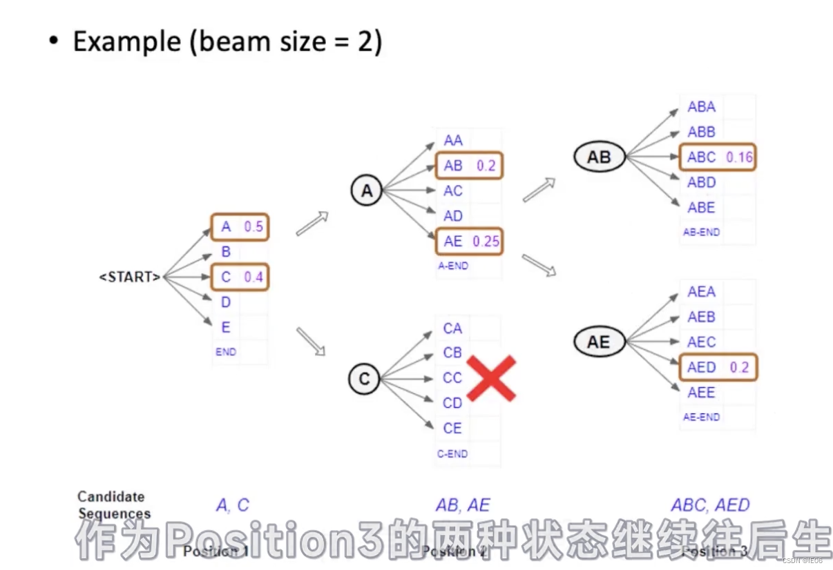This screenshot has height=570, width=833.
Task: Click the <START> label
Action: point(130,277)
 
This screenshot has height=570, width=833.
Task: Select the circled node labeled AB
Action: point(599,157)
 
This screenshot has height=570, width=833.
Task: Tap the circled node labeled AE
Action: point(598,342)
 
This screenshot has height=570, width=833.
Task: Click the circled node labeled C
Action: point(364,379)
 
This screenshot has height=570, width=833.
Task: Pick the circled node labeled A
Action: point(367,191)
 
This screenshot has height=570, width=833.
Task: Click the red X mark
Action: point(491,378)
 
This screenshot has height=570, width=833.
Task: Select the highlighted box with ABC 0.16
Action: point(718,157)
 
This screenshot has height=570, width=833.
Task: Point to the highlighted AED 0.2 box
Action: point(718,367)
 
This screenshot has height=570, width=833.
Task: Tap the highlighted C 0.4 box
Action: point(239,277)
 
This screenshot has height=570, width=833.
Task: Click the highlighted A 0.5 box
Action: point(239,226)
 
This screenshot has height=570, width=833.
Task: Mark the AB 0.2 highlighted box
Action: point(469,166)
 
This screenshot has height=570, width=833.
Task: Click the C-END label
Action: point(452,454)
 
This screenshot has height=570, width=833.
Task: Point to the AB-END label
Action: point(701,233)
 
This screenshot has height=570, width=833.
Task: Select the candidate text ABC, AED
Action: point(710,505)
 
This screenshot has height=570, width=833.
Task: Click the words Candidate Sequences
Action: point(112,505)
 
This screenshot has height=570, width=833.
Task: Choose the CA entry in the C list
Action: point(452,328)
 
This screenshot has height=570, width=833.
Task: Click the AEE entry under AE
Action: point(701,392)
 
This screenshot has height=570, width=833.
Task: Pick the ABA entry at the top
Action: point(701,107)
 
